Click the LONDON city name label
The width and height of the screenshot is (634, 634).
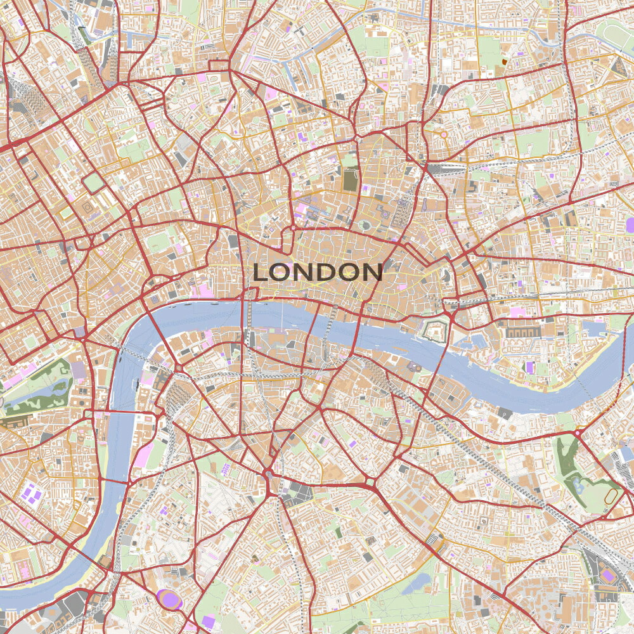pyautogui.click(x=317, y=272)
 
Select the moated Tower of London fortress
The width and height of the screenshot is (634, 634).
pyautogui.click(x=437, y=329)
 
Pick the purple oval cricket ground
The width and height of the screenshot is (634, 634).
pyautogui.click(x=169, y=598)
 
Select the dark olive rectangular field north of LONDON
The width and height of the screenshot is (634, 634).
pyautogui.click(x=350, y=180)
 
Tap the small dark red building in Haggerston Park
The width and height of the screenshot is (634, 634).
pyautogui.click(x=504, y=61)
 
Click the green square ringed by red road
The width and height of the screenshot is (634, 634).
pyautogui.click(x=93, y=183)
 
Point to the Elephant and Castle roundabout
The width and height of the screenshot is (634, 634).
pyautogui.click(x=269, y=474)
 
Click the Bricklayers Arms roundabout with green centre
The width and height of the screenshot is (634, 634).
pyautogui.click(x=370, y=484)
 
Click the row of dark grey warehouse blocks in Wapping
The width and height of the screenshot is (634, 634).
pyautogui.click(x=519, y=332)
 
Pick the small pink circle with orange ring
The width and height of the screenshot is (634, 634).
pyautogui.click(x=443, y=134)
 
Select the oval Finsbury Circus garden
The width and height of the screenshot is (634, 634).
pyautogui.click(x=365, y=224)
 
